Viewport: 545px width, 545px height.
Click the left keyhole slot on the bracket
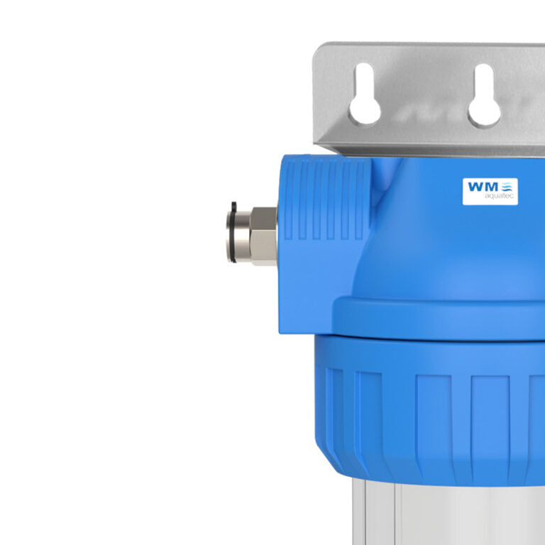365,97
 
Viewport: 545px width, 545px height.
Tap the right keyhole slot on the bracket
484,97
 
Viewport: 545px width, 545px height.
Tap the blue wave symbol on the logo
509,188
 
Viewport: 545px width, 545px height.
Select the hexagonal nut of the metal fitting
264,235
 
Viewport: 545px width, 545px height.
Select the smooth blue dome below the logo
468,248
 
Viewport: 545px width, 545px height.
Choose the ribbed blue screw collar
440,404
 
